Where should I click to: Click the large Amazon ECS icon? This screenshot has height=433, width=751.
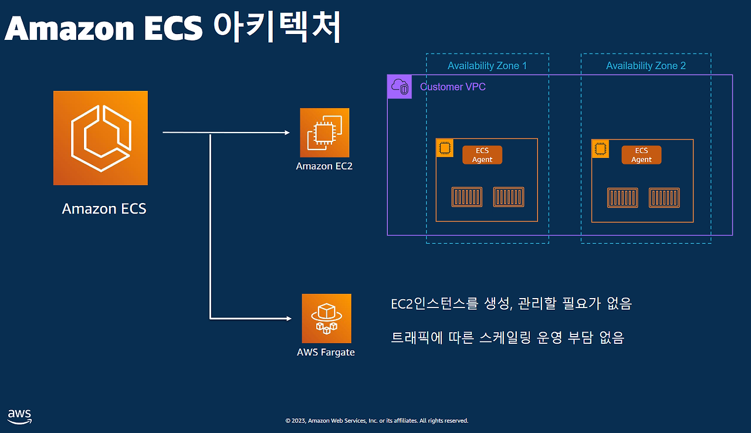pos(100,138)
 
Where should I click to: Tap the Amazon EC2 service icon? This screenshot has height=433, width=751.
pos(324,133)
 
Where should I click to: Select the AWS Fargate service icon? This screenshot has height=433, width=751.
pos(327,319)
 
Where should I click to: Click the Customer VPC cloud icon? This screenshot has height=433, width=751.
pos(400,86)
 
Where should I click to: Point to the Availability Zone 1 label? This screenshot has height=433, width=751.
pos(487,66)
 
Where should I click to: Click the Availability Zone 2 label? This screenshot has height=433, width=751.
pos(646,66)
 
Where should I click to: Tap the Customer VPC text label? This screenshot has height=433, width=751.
pos(452,87)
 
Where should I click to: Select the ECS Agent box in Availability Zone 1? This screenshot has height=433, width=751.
pos(482,155)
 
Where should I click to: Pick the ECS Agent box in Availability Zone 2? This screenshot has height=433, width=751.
pos(641,155)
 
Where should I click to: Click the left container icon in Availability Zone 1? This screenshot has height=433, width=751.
pos(466,197)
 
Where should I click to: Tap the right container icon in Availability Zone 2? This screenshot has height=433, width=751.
pos(664,198)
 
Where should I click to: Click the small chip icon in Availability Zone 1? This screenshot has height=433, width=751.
pos(445,148)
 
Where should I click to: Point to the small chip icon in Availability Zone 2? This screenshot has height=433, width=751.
pos(600,149)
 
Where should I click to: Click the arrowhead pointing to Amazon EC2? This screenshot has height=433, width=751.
pos(287,133)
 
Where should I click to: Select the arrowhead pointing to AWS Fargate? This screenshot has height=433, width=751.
pos(289,319)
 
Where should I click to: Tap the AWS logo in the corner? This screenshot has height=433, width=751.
pos(19,417)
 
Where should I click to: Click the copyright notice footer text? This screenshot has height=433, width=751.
pos(377,421)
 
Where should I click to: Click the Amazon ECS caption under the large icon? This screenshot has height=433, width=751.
pos(104,209)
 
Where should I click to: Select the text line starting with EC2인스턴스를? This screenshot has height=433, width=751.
pos(511,304)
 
